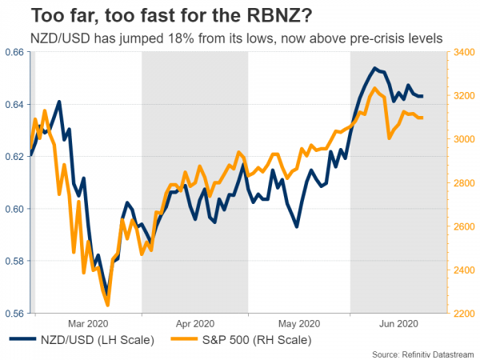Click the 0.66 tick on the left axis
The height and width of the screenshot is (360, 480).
[x=14, y=52]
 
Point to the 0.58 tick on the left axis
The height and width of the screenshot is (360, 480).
[x=14, y=261]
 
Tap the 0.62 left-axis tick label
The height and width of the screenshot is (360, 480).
[x=14, y=157]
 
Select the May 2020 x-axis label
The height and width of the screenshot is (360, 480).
[x=298, y=323]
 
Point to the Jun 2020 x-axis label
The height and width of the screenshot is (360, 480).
[x=398, y=323]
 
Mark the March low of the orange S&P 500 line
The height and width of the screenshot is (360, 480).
[x=107, y=305]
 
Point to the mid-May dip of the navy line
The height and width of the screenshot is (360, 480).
[x=297, y=226]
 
